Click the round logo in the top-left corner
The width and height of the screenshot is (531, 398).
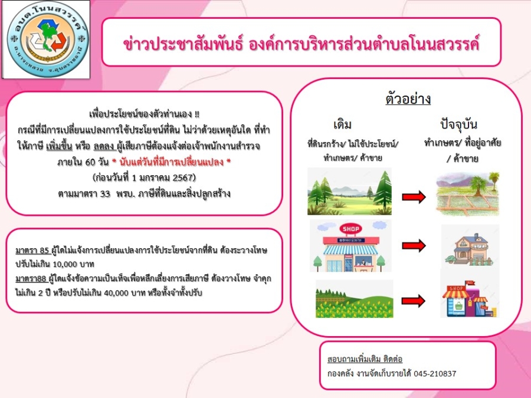(47, 40)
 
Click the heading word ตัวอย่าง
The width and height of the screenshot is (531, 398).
(408, 99)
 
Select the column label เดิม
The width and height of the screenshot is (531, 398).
(342, 124)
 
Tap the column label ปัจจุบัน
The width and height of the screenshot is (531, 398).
(459, 124)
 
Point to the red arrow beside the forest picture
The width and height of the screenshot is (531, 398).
(414, 196)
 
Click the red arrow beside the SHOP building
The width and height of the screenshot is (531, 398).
(414, 245)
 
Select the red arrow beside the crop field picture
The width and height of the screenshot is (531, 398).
(413, 301)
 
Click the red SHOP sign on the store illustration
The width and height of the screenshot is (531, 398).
(350, 229)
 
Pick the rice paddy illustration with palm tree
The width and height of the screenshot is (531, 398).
(468, 193)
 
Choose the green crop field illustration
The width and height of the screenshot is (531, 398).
(354, 299)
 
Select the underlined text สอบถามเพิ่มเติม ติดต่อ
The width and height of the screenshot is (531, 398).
(365, 358)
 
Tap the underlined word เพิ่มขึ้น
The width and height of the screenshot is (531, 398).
(59, 146)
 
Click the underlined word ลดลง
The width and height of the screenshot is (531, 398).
(104, 146)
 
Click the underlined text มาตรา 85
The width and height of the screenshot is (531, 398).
(32, 251)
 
